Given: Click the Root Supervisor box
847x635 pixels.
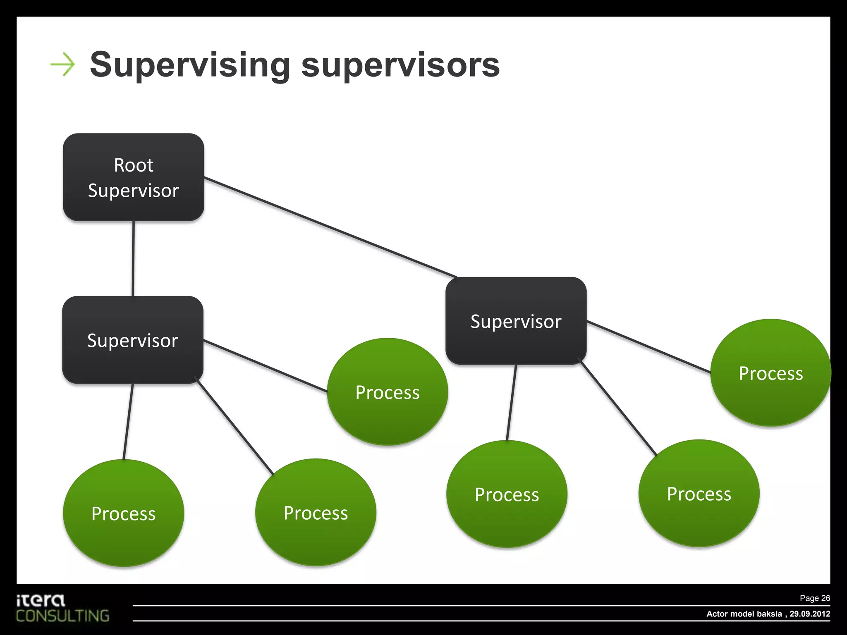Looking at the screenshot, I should click(x=133, y=177).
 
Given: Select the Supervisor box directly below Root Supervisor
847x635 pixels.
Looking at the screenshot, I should click(x=132, y=340).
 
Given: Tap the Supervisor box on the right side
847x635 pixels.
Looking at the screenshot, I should click(x=516, y=321).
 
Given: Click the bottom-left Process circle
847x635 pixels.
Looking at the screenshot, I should click(x=123, y=513).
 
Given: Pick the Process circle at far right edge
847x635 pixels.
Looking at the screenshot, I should click(x=770, y=372).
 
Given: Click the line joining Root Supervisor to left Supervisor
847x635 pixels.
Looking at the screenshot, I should click(x=133, y=258).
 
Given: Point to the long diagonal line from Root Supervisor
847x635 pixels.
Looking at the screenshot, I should click(x=331, y=227).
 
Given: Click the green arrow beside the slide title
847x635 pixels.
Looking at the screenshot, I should click(x=62, y=64).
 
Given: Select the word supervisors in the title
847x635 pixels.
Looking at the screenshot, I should click(x=400, y=65).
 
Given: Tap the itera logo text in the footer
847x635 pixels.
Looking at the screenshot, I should click(x=41, y=600).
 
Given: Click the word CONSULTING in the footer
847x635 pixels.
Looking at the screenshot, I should click(x=63, y=616).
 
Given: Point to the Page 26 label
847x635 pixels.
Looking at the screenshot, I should click(x=814, y=598).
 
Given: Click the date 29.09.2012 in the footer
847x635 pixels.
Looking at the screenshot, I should click(x=810, y=614).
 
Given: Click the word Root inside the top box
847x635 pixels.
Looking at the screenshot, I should click(x=134, y=165).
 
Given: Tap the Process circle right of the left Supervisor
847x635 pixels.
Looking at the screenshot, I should click(x=388, y=392).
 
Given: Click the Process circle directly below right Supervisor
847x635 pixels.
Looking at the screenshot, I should click(x=507, y=494).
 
